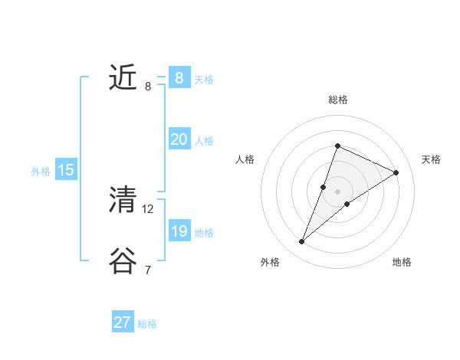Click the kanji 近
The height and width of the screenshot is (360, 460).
[x=123, y=78]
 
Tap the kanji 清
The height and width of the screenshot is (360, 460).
[x=123, y=201]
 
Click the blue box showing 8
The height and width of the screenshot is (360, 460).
[x=179, y=77]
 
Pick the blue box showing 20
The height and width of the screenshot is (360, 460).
[x=179, y=139]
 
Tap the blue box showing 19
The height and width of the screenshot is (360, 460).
[x=179, y=231]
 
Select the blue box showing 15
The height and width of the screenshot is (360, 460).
[x=66, y=170]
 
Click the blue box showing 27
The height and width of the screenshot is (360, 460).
[x=123, y=322]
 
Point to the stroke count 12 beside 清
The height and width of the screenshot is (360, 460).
[x=148, y=208]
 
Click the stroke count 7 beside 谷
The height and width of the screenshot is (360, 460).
[x=147, y=270]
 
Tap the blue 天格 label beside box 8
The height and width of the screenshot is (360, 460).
[x=204, y=80]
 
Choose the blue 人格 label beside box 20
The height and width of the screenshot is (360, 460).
[x=204, y=141]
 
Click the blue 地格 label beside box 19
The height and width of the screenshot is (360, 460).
[x=204, y=233]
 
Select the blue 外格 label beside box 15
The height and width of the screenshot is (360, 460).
[x=41, y=172]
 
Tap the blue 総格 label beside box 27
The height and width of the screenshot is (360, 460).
[x=147, y=324]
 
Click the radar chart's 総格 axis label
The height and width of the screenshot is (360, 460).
[x=338, y=100]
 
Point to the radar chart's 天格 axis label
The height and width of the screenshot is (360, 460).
[x=431, y=159]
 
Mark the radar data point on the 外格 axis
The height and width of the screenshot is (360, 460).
[x=302, y=242]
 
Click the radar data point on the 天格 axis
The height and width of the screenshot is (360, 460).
[x=396, y=172]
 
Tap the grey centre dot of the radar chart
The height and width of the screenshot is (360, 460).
[x=338, y=191]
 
